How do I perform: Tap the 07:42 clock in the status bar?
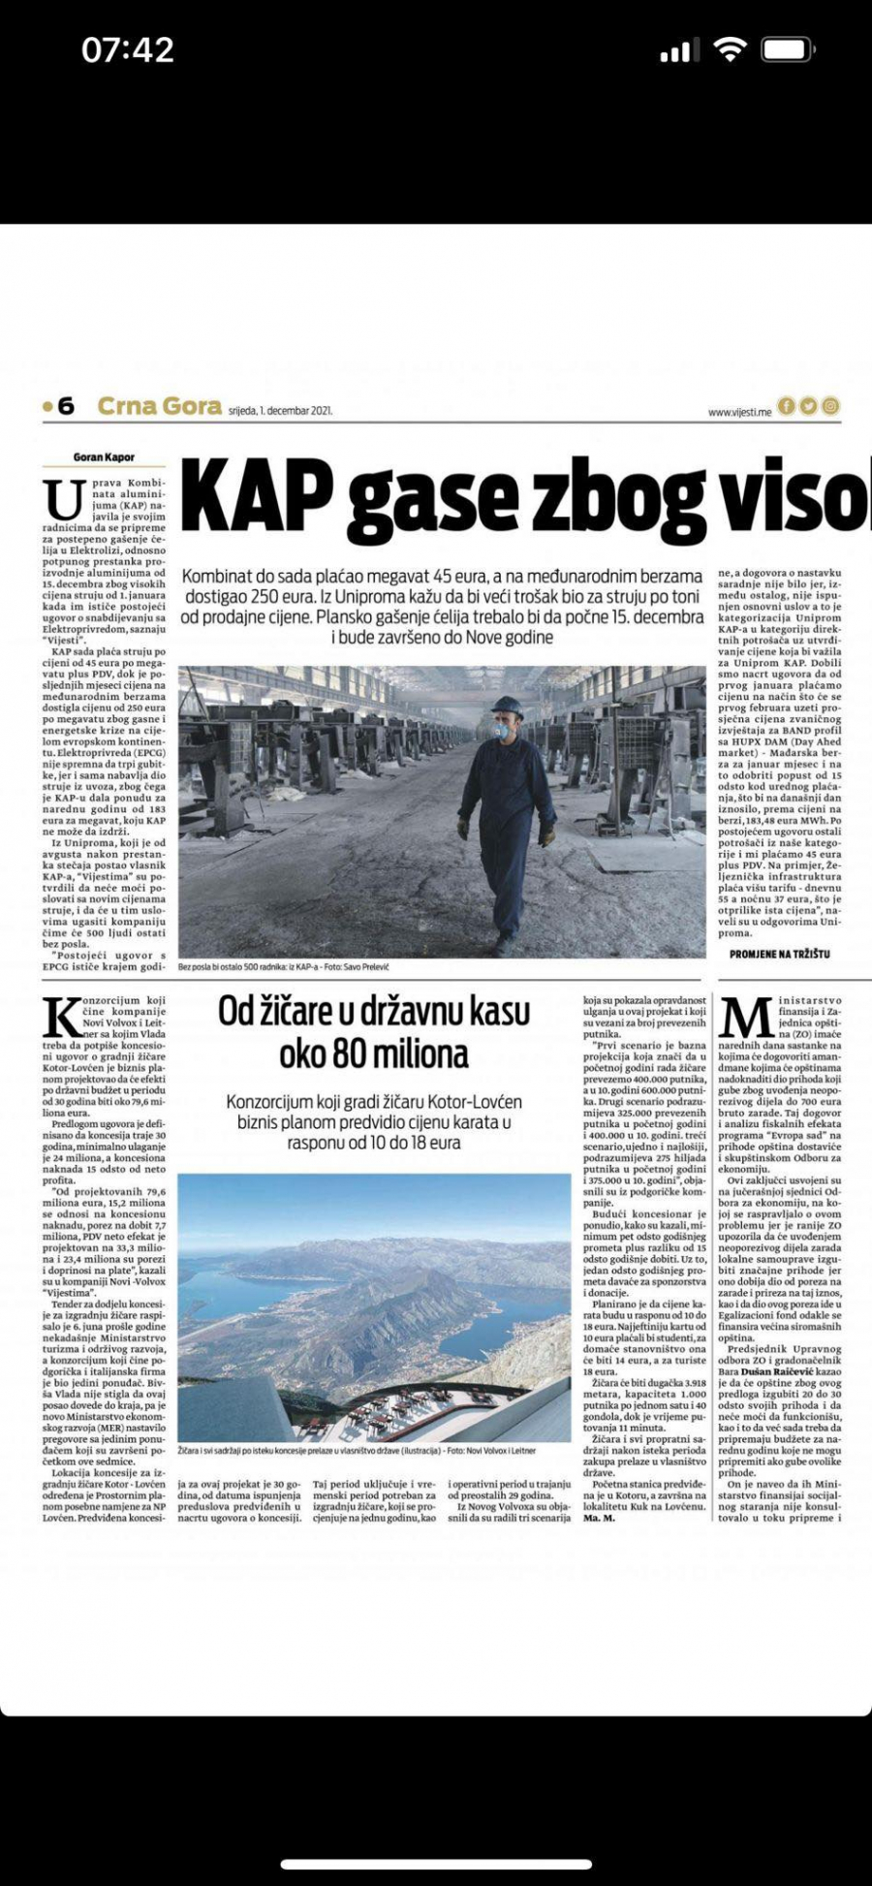coord(128,49)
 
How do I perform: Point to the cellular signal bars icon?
coord(674,51)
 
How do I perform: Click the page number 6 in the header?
coord(66,406)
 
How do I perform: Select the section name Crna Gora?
coord(159,406)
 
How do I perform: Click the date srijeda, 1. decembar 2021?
coord(280,411)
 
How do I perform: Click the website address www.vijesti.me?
coord(739,412)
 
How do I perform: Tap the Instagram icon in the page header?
coord(830,406)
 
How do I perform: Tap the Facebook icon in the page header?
coord(787,406)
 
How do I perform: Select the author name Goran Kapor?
coord(104,457)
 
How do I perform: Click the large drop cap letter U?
coord(64,500)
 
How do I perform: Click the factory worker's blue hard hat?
coord(506,705)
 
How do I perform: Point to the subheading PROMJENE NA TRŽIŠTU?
coord(779,954)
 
